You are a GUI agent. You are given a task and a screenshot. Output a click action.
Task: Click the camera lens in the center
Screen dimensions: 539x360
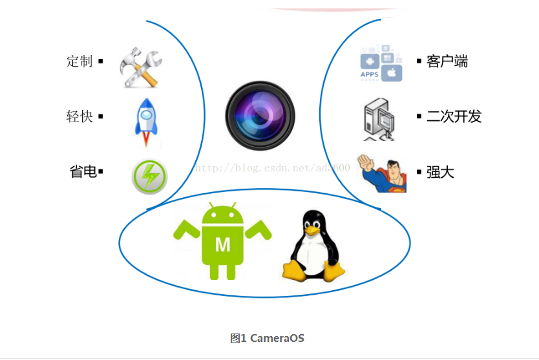point(260,116)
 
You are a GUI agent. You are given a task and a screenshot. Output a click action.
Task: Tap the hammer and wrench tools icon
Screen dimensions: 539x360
point(141,67)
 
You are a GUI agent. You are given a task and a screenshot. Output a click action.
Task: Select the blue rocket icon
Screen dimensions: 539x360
point(146,122)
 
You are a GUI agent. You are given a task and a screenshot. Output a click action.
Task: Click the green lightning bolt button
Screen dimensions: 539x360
point(149,176)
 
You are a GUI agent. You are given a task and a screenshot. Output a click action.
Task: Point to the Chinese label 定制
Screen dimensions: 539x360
point(79,61)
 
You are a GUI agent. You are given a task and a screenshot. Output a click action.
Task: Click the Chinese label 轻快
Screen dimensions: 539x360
point(79,116)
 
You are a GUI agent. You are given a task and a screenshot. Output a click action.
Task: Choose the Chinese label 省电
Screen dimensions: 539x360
point(83,171)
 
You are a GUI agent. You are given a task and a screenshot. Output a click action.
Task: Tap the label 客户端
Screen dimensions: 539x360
point(447,61)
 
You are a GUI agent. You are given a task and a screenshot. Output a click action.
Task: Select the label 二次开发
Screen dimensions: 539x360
point(454,116)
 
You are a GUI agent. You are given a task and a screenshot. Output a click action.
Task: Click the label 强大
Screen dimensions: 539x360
point(440,172)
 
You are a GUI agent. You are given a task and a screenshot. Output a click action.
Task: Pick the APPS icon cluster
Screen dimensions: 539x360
point(381,63)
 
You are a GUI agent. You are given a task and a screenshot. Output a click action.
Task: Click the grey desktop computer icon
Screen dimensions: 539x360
point(379,120)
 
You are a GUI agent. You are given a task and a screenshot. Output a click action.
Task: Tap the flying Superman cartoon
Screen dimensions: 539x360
point(381,173)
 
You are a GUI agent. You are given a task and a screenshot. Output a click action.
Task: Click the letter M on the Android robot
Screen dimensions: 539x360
point(223,245)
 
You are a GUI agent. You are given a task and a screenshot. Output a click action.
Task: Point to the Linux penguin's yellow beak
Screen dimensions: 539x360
point(312,231)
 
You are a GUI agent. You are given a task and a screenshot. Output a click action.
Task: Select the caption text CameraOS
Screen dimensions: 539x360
point(277,338)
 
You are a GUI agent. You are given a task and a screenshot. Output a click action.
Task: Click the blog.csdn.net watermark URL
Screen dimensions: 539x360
point(273,168)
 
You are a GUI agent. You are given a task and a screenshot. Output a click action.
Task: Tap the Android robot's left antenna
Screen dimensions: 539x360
point(211,206)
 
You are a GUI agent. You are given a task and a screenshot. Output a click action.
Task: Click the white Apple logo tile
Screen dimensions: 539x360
point(392,73)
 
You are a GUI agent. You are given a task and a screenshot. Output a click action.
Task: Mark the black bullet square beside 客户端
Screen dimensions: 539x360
point(419,61)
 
